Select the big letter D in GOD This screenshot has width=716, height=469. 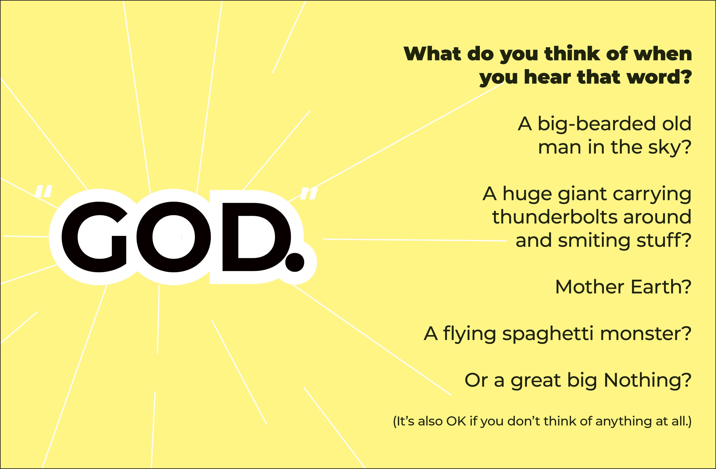[256, 237]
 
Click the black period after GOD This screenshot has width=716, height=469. [295, 262]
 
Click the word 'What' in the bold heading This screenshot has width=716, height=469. [432, 54]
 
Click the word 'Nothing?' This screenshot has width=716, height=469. [648, 381]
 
